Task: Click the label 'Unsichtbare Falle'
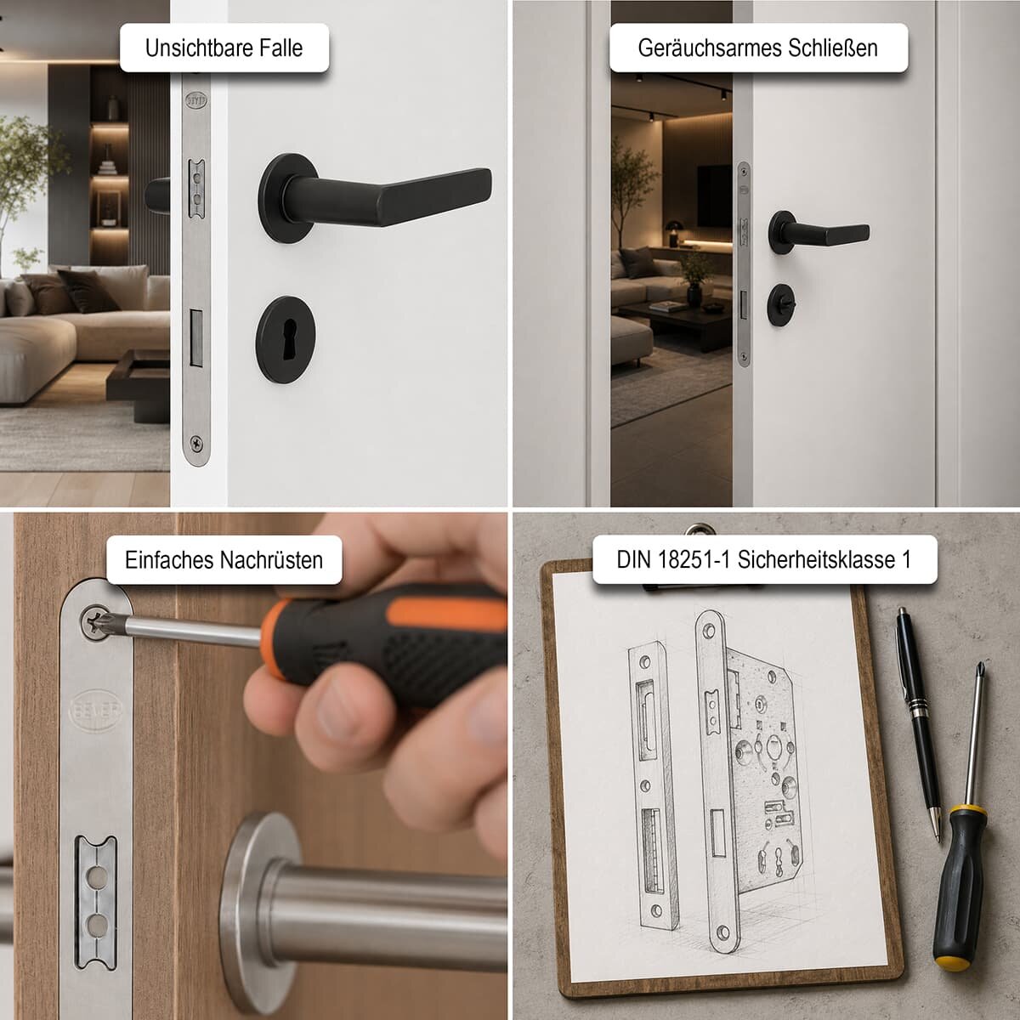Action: (224, 48)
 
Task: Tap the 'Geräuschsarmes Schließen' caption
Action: (757, 48)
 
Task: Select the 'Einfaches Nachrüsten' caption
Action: (224, 560)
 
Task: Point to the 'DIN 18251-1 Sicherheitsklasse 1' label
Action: (764, 560)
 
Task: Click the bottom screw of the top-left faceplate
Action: (196, 440)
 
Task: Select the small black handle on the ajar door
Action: (819, 232)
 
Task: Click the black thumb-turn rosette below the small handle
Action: (783, 304)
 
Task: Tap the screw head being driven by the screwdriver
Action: (95, 622)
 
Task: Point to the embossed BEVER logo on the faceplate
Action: (96, 711)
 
